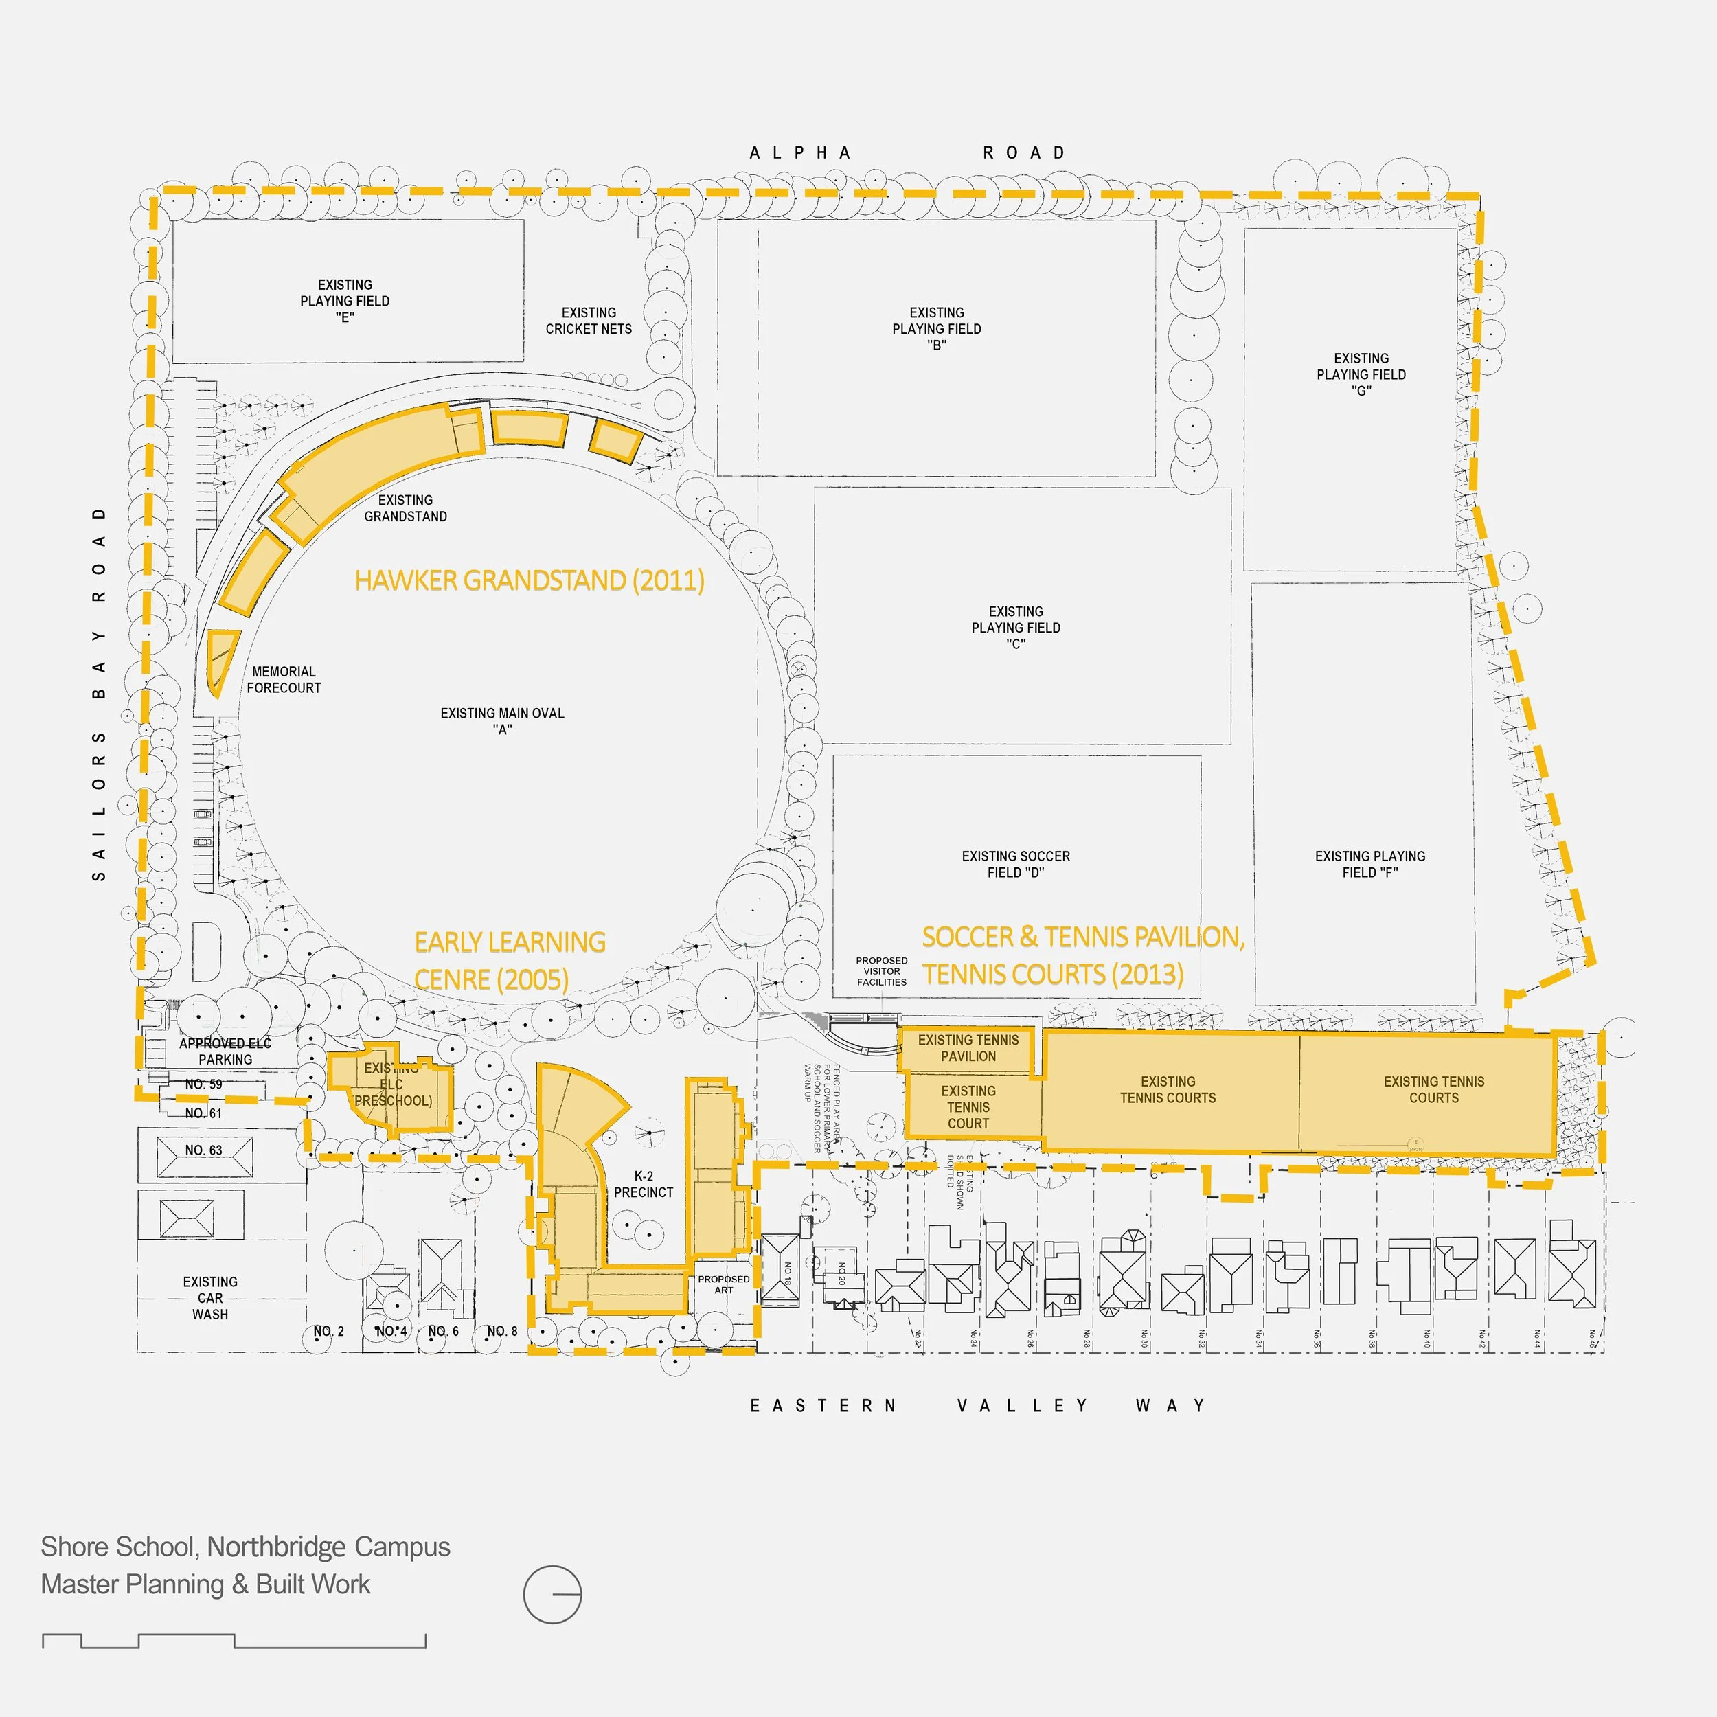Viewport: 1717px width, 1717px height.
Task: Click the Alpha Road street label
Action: pos(907,153)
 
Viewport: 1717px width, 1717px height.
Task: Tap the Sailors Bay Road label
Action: pos(100,693)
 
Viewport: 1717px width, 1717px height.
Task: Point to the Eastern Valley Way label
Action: pos(977,1405)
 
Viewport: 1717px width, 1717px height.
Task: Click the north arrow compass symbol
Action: pos(552,1594)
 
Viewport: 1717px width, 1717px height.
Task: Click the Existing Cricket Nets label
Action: pos(589,321)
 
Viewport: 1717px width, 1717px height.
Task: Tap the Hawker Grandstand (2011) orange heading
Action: pos(529,580)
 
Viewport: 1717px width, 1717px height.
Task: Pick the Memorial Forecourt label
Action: pos(284,680)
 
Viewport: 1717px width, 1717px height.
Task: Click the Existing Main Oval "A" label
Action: pos(502,720)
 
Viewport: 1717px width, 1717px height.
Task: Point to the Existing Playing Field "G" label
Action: pos(1361,374)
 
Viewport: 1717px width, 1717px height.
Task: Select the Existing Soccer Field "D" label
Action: pos(1016,864)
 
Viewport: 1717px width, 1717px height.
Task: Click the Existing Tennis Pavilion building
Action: pos(968,1049)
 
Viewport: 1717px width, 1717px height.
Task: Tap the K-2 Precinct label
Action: pos(644,1184)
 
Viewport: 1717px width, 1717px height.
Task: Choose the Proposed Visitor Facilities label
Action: pos(882,971)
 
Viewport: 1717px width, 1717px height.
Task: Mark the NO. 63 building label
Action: pos(203,1150)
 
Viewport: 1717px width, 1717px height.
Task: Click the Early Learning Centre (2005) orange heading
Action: pos(509,961)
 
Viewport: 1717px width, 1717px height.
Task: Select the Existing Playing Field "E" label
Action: pos(345,300)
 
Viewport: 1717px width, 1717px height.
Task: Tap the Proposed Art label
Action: pos(723,1284)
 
